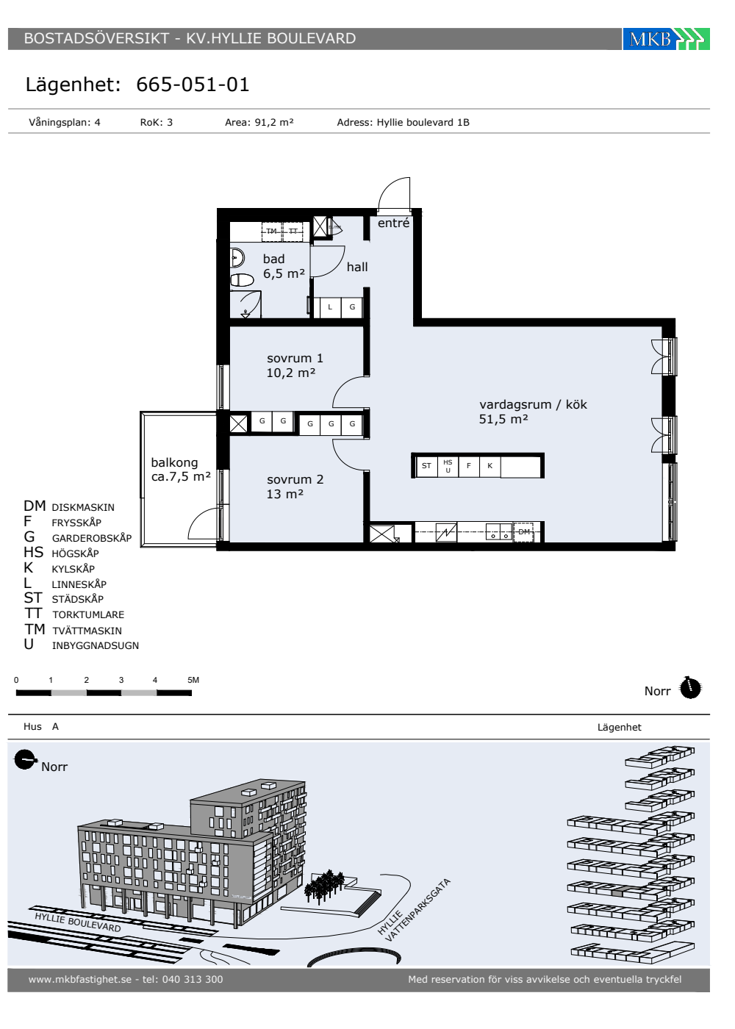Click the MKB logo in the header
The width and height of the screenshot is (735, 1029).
pyautogui.click(x=666, y=39)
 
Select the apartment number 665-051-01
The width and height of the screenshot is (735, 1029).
pyautogui.click(x=193, y=85)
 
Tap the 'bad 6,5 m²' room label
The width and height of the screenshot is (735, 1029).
pyautogui.click(x=284, y=266)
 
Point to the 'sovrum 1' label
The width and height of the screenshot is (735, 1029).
pyautogui.click(x=295, y=359)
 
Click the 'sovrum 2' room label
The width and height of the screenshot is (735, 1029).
pyautogui.click(x=295, y=479)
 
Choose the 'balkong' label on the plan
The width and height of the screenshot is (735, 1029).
pyautogui.click(x=175, y=462)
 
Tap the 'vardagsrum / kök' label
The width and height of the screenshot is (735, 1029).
pyautogui.click(x=533, y=405)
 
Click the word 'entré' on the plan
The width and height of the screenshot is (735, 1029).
pyautogui.click(x=393, y=223)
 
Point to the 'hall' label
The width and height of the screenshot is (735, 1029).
pyautogui.click(x=357, y=267)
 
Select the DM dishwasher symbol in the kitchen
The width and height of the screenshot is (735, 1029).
pyautogui.click(x=523, y=532)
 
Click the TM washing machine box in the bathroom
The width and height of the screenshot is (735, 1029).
pyautogui.click(x=271, y=231)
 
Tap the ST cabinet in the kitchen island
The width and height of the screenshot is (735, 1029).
pyautogui.click(x=426, y=466)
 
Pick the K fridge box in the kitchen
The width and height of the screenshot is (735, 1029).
pyautogui.click(x=490, y=466)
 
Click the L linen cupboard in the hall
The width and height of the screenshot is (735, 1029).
pyautogui.click(x=330, y=307)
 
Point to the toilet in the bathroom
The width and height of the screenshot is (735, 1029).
pyautogui.click(x=242, y=280)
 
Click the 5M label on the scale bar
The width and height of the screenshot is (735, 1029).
pyautogui.click(x=193, y=680)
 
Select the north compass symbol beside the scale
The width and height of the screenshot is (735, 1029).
pyautogui.click(x=690, y=688)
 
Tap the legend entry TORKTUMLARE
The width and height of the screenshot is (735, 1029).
pyautogui.click(x=88, y=614)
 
